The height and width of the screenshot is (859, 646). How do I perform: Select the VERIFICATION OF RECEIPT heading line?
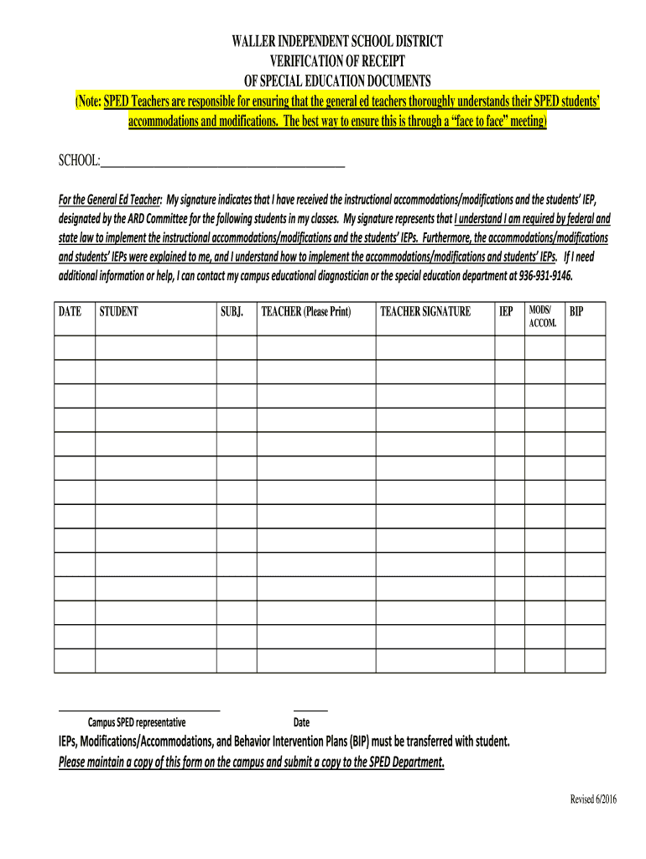tap(336, 61)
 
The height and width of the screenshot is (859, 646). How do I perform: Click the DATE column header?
tap(70, 311)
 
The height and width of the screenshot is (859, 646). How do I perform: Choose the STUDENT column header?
tap(118, 311)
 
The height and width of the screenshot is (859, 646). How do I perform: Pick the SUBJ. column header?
tap(232, 311)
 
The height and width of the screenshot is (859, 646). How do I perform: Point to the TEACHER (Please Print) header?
tap(305, 311)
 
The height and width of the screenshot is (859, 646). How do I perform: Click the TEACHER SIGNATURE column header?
tap(425, 311)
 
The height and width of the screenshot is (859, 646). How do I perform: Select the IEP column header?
tap(506, 311)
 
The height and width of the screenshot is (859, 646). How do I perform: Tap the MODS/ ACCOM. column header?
tap(542, 316)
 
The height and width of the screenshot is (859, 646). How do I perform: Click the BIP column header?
tap(576, 311)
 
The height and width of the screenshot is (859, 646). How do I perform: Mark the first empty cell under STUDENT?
tap(155, 347)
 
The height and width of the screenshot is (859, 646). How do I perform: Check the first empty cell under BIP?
tap(585, 347)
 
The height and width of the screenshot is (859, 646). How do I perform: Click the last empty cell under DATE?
tap(75, 660)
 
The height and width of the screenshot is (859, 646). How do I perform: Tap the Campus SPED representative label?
tap(137, 722)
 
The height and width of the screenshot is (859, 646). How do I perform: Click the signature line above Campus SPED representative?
tap(138, 710)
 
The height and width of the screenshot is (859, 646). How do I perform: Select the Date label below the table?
tap(301, 722)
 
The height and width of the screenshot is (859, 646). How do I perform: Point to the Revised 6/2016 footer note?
tap(593, 799)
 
